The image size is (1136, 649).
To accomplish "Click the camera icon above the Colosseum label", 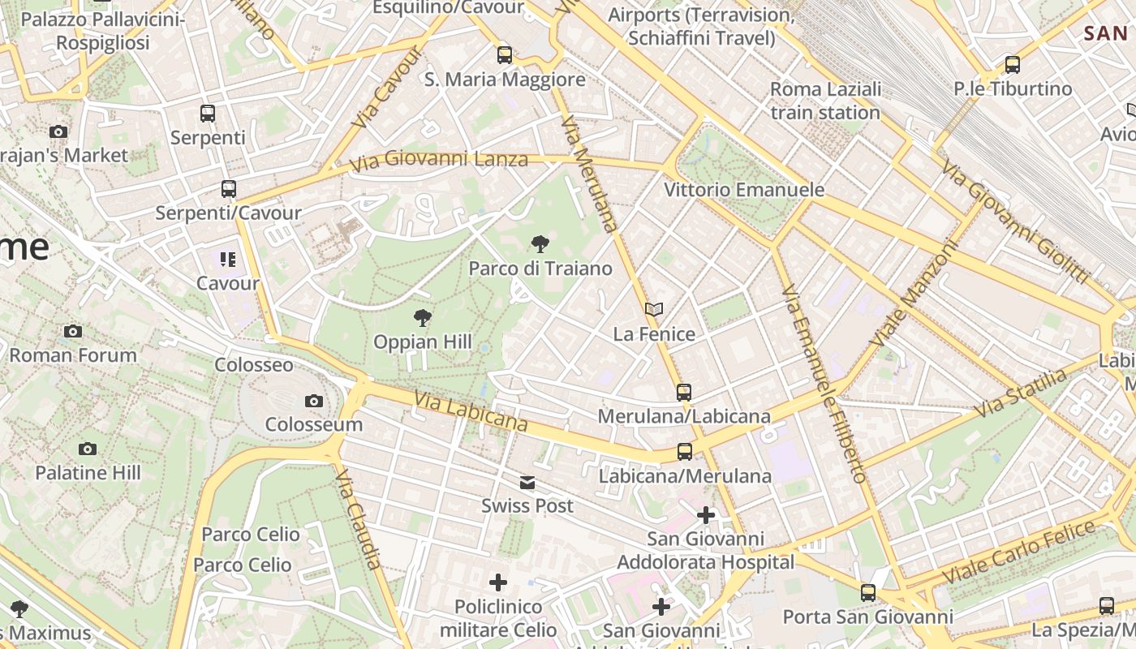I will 313,401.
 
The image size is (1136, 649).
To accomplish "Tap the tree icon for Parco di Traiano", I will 540,243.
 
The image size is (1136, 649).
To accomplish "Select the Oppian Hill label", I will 422,342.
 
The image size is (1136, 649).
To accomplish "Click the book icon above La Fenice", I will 654,309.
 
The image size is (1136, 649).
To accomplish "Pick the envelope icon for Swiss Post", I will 527,483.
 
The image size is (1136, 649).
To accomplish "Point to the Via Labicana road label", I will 471,411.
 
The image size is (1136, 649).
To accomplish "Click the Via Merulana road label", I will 590,173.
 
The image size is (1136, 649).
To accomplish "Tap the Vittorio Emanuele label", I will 744,190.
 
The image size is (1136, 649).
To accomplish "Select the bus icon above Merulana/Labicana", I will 684,392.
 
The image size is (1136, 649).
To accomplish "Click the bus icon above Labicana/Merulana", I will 685,452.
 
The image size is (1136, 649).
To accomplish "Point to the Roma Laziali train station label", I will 825,101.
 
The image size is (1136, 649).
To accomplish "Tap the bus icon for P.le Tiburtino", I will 1012,65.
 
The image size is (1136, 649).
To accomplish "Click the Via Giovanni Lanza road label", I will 438,161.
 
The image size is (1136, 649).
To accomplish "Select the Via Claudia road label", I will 358,518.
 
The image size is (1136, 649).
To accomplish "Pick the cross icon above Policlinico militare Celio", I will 498,582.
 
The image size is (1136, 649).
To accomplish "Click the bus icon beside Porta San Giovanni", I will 868,592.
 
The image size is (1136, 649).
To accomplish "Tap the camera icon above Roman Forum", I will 73,331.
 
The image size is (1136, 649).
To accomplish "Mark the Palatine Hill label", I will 88,472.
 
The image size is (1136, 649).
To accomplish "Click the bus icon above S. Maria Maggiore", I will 505,55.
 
